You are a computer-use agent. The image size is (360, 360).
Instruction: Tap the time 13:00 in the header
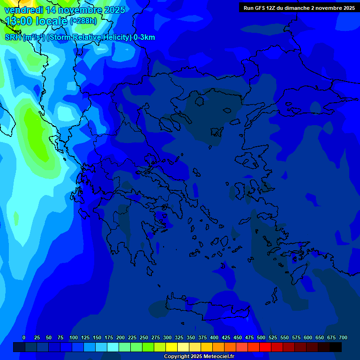click(x=19, y=21)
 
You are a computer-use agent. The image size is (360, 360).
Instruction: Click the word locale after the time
click(x=52, y=21)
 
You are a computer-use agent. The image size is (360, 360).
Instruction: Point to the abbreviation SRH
click(x=13, y=37)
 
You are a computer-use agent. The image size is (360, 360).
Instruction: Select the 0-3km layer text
click(x=144, y=37)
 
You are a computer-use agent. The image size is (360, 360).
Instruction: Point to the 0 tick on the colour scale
click(x=24, y=337)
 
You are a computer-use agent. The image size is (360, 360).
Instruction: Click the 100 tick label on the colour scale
click(x=74, y=337)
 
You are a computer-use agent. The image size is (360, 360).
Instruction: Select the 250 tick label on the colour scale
click(x=144, y=337)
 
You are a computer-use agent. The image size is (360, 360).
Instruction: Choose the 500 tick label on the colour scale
click(x=261, y=337)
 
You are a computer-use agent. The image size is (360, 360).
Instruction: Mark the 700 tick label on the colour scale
click(x=343, y=337)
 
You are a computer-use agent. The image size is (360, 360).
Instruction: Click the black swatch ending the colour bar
click(x=336, y=347)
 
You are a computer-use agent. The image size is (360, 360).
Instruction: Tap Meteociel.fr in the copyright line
click(x=217, y=357)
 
